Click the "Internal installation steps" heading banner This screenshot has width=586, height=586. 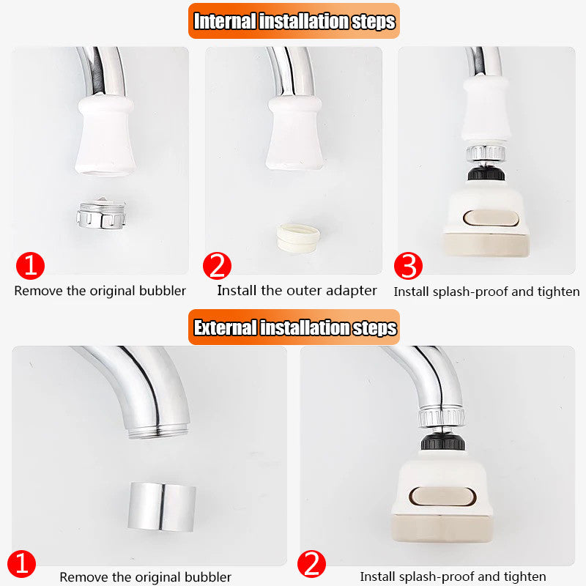(293, 21)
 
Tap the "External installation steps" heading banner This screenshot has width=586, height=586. (293, 327)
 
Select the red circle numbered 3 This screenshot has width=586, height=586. (408, 267)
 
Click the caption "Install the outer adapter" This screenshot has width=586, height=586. (297, 291)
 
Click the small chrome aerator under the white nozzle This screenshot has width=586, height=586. (101, 212)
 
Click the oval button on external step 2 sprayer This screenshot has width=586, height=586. (438, 496)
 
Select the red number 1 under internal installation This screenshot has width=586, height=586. (30, 265)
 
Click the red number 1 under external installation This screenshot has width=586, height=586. (24, 564)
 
